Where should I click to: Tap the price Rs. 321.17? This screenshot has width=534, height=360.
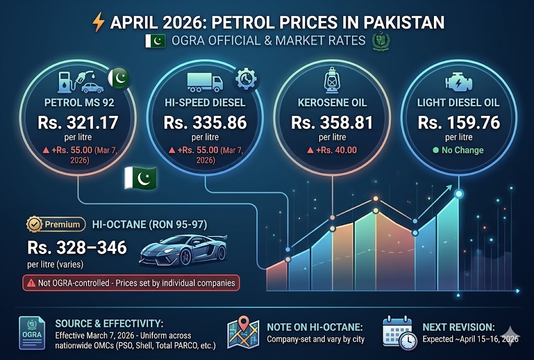78,123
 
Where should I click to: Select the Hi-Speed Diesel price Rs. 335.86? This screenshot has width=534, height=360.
205,123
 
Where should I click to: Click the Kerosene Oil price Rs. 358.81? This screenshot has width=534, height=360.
332,123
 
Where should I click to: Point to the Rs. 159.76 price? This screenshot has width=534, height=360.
459,123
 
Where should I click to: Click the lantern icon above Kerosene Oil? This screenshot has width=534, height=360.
332,81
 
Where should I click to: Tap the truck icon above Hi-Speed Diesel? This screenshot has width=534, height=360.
204,82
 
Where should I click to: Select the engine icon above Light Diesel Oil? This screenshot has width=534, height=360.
459,82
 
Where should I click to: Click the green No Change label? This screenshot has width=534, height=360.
458,150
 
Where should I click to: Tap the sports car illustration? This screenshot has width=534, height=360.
183,250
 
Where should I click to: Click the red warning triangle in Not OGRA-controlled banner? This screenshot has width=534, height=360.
31,283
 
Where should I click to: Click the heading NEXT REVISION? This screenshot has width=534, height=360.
458,327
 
